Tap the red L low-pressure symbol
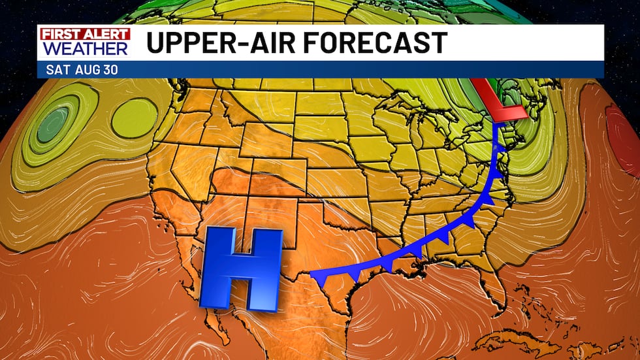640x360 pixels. click(500, 105)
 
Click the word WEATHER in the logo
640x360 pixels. click(84, 48)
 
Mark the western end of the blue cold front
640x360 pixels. click(312, 271)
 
